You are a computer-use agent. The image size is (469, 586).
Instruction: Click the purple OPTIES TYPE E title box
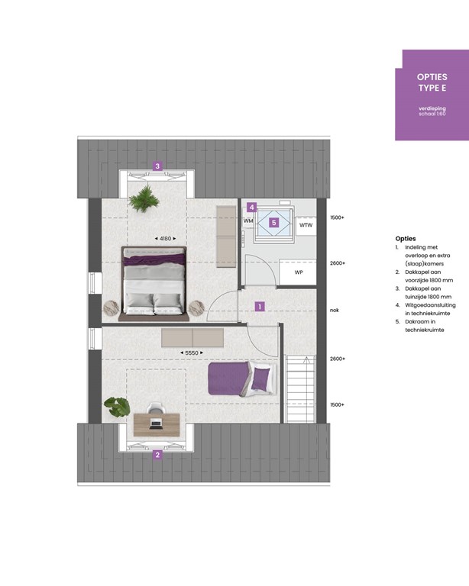pos(432,95)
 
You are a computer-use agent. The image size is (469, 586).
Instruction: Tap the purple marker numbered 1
pos(260,307)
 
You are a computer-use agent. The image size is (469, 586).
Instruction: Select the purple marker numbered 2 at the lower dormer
pos(157,456)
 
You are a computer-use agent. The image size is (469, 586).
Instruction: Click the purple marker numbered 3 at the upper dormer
pos(157,166)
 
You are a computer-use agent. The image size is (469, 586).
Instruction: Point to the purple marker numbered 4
pos(251,207)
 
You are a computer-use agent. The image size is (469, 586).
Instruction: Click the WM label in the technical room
pos(248,221)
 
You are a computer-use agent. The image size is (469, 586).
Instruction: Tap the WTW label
pos(306,226)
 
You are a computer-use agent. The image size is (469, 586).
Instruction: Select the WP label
pos(299,272)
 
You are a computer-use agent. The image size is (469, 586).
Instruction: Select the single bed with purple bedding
pos(240,379)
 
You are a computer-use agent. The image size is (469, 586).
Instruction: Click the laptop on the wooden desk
pos(156,422)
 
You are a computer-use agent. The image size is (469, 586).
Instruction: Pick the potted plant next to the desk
pos(117,406)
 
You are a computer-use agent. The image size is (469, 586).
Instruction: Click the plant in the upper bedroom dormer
pos(143,201)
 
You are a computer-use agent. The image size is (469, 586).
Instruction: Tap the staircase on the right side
pos(299,387)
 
